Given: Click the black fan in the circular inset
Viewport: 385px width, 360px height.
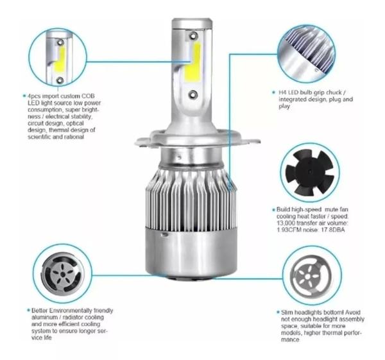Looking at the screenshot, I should pos(306,171).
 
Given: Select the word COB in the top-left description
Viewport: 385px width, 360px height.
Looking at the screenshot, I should pos(85,96).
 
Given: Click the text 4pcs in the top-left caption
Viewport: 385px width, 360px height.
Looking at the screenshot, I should pos(33,96).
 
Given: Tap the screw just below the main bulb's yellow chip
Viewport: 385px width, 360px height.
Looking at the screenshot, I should pos(192,94).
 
